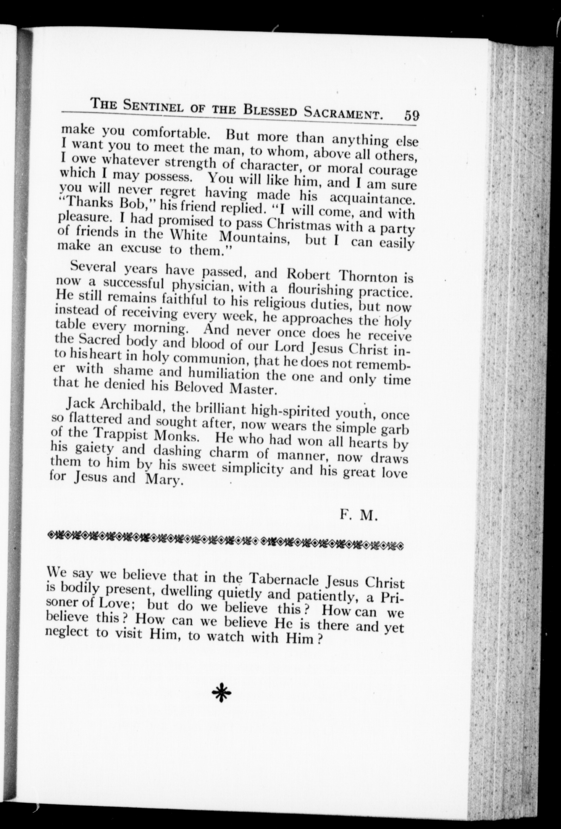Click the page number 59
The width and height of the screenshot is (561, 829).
coord(412,116)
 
